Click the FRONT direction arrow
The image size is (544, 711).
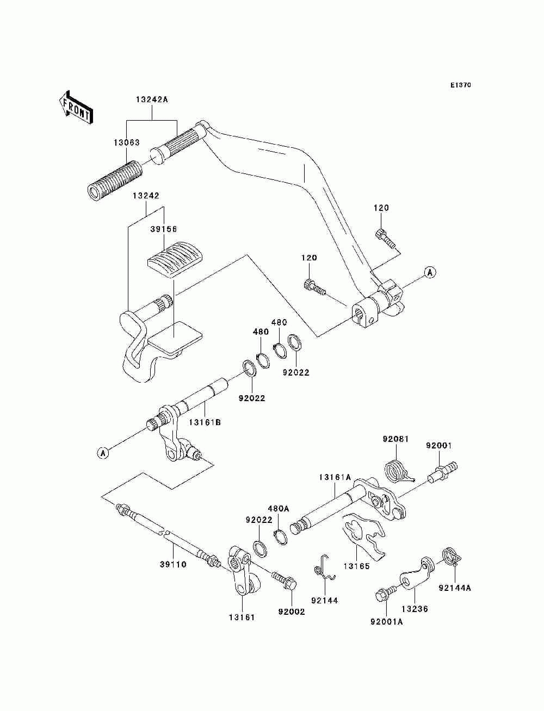pos(76,107)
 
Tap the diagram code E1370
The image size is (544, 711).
pos(460,85)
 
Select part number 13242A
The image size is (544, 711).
pos(152,99)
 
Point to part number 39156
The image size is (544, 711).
pos(163,229)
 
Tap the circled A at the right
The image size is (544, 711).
pos(430,272)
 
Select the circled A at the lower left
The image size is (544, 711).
pos(103,452)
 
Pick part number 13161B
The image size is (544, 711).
pos(205,422)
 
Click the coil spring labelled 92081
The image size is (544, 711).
pos(398,472)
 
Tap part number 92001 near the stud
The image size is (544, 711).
pos(439,446)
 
